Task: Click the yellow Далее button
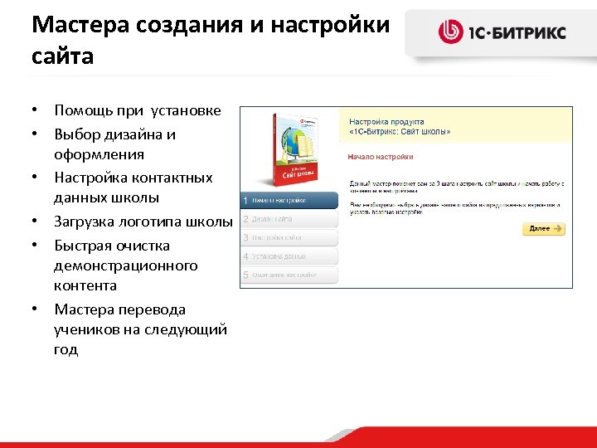[543, 229]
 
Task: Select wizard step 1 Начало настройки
[289, 200]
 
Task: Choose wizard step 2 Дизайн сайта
[289, 219]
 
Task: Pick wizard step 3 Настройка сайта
[289, 238]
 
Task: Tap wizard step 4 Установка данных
[289, 256]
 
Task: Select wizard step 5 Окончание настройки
[289, 275]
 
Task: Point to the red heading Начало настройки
[381, 156]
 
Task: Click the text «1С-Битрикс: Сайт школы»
[400, 131]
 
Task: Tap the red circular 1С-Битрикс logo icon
[451, 32]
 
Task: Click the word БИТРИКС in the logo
[534, 33]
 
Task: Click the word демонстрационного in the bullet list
[126, 265]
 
